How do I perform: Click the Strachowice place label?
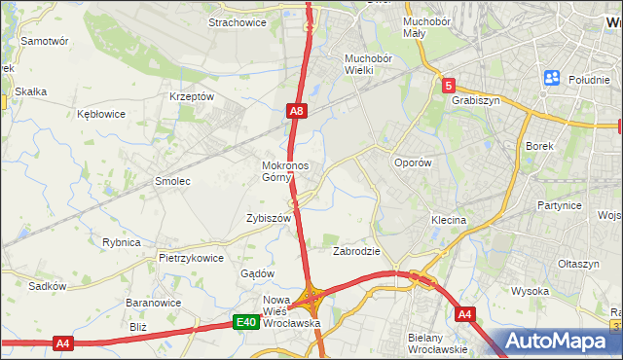pos(238,23)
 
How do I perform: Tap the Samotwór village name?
pos(45,42)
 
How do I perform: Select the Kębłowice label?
pos(101,114)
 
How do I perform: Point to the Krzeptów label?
pos(191,97)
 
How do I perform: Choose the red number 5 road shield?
pos(448,86)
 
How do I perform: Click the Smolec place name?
pos(172,182)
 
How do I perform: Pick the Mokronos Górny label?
pos(285,171)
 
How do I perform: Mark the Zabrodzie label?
pos(356,251)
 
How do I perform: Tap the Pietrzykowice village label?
pos(192,259)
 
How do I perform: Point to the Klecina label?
pos(449,221)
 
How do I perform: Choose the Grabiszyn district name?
pos(475,99)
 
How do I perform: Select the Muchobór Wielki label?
pos(367,64)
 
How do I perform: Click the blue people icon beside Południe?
pos(552,78)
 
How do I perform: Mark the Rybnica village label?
pos(122,242)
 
